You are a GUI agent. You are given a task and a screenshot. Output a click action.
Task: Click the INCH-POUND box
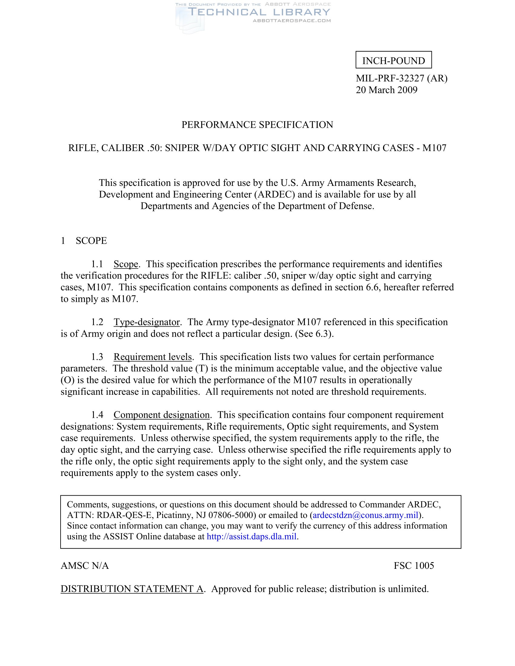393,60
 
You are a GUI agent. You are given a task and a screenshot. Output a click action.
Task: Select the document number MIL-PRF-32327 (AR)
401,78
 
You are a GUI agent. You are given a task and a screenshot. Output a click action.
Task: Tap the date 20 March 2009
386,90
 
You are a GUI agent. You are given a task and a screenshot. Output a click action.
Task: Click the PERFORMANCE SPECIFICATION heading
257,125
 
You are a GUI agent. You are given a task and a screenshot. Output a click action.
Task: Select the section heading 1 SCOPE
84,241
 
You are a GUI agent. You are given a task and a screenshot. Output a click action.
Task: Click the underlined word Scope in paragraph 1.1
126,264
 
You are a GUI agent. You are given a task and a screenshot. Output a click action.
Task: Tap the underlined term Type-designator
146,322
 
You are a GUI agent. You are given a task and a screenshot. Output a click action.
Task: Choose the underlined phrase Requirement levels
153,357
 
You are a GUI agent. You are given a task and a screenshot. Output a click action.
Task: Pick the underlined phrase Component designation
161,415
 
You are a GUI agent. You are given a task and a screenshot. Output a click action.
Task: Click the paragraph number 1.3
97,357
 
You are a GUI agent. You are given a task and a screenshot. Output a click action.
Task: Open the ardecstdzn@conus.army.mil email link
365,515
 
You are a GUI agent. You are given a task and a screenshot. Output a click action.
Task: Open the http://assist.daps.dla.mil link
251,536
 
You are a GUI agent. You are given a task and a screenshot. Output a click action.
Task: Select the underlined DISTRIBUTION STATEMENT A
132,589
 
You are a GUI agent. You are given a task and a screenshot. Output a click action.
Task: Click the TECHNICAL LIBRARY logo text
259,12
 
